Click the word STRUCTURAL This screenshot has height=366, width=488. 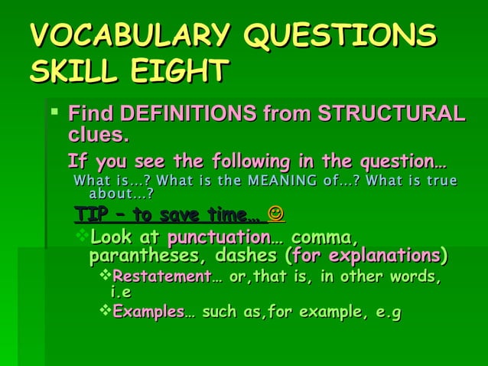pos(391,115)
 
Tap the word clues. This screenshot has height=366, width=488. pos(98,136)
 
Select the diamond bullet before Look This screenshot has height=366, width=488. pos(84,234)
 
